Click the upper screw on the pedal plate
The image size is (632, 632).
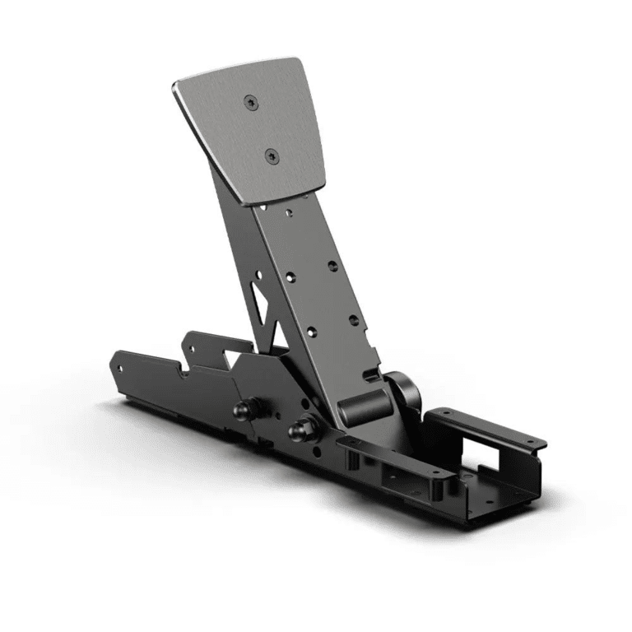click(251, 101)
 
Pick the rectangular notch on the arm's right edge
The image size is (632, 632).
click(372, 375)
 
